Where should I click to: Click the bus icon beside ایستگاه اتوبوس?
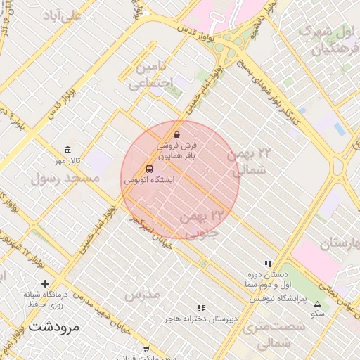click(149, 169)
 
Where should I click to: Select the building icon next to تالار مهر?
click(67, 150)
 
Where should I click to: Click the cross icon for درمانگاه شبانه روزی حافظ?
click(46, 283)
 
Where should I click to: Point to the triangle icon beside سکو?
click(316, 304)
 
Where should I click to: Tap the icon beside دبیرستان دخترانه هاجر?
click(202, 308)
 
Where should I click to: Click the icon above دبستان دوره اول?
click(268, 264)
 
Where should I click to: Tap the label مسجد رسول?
click(65, 178)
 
